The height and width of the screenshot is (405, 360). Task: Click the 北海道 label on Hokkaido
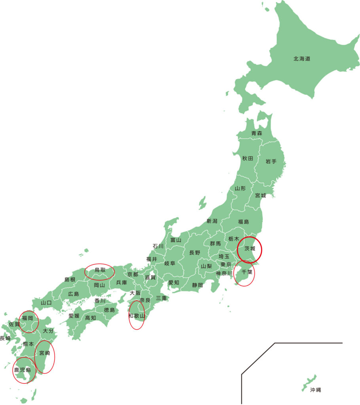(x=301, y=59)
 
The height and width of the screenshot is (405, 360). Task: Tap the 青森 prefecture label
(x=257, y=133)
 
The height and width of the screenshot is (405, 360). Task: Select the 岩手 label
(x=271, y=161)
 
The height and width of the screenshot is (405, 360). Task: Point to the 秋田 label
(x=248, y=158)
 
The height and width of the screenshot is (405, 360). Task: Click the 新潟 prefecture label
(x=212, y=221)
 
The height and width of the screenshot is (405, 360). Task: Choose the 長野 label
(x=195, y=252)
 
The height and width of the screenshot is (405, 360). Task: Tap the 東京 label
(x=226, y=264)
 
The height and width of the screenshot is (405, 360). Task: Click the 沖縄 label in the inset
(x=315, y=390)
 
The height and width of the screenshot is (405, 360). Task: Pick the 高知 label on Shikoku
(x=91, y=317)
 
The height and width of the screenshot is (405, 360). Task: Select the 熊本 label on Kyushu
(x=28, y=344)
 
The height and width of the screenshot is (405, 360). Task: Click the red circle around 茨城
(x=249, y=248)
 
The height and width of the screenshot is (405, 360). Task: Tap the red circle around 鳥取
(x=100, y=272)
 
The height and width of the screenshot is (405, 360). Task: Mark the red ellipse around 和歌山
(x=136, y=315)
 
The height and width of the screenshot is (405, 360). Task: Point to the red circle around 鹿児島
(x=24, y=370)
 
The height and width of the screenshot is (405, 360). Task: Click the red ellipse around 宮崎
(x=44, y=357)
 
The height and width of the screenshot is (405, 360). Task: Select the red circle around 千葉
(x=244, y=273)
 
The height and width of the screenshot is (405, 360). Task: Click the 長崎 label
(x=5, y=338)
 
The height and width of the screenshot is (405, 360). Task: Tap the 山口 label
(x=46, y=303)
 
